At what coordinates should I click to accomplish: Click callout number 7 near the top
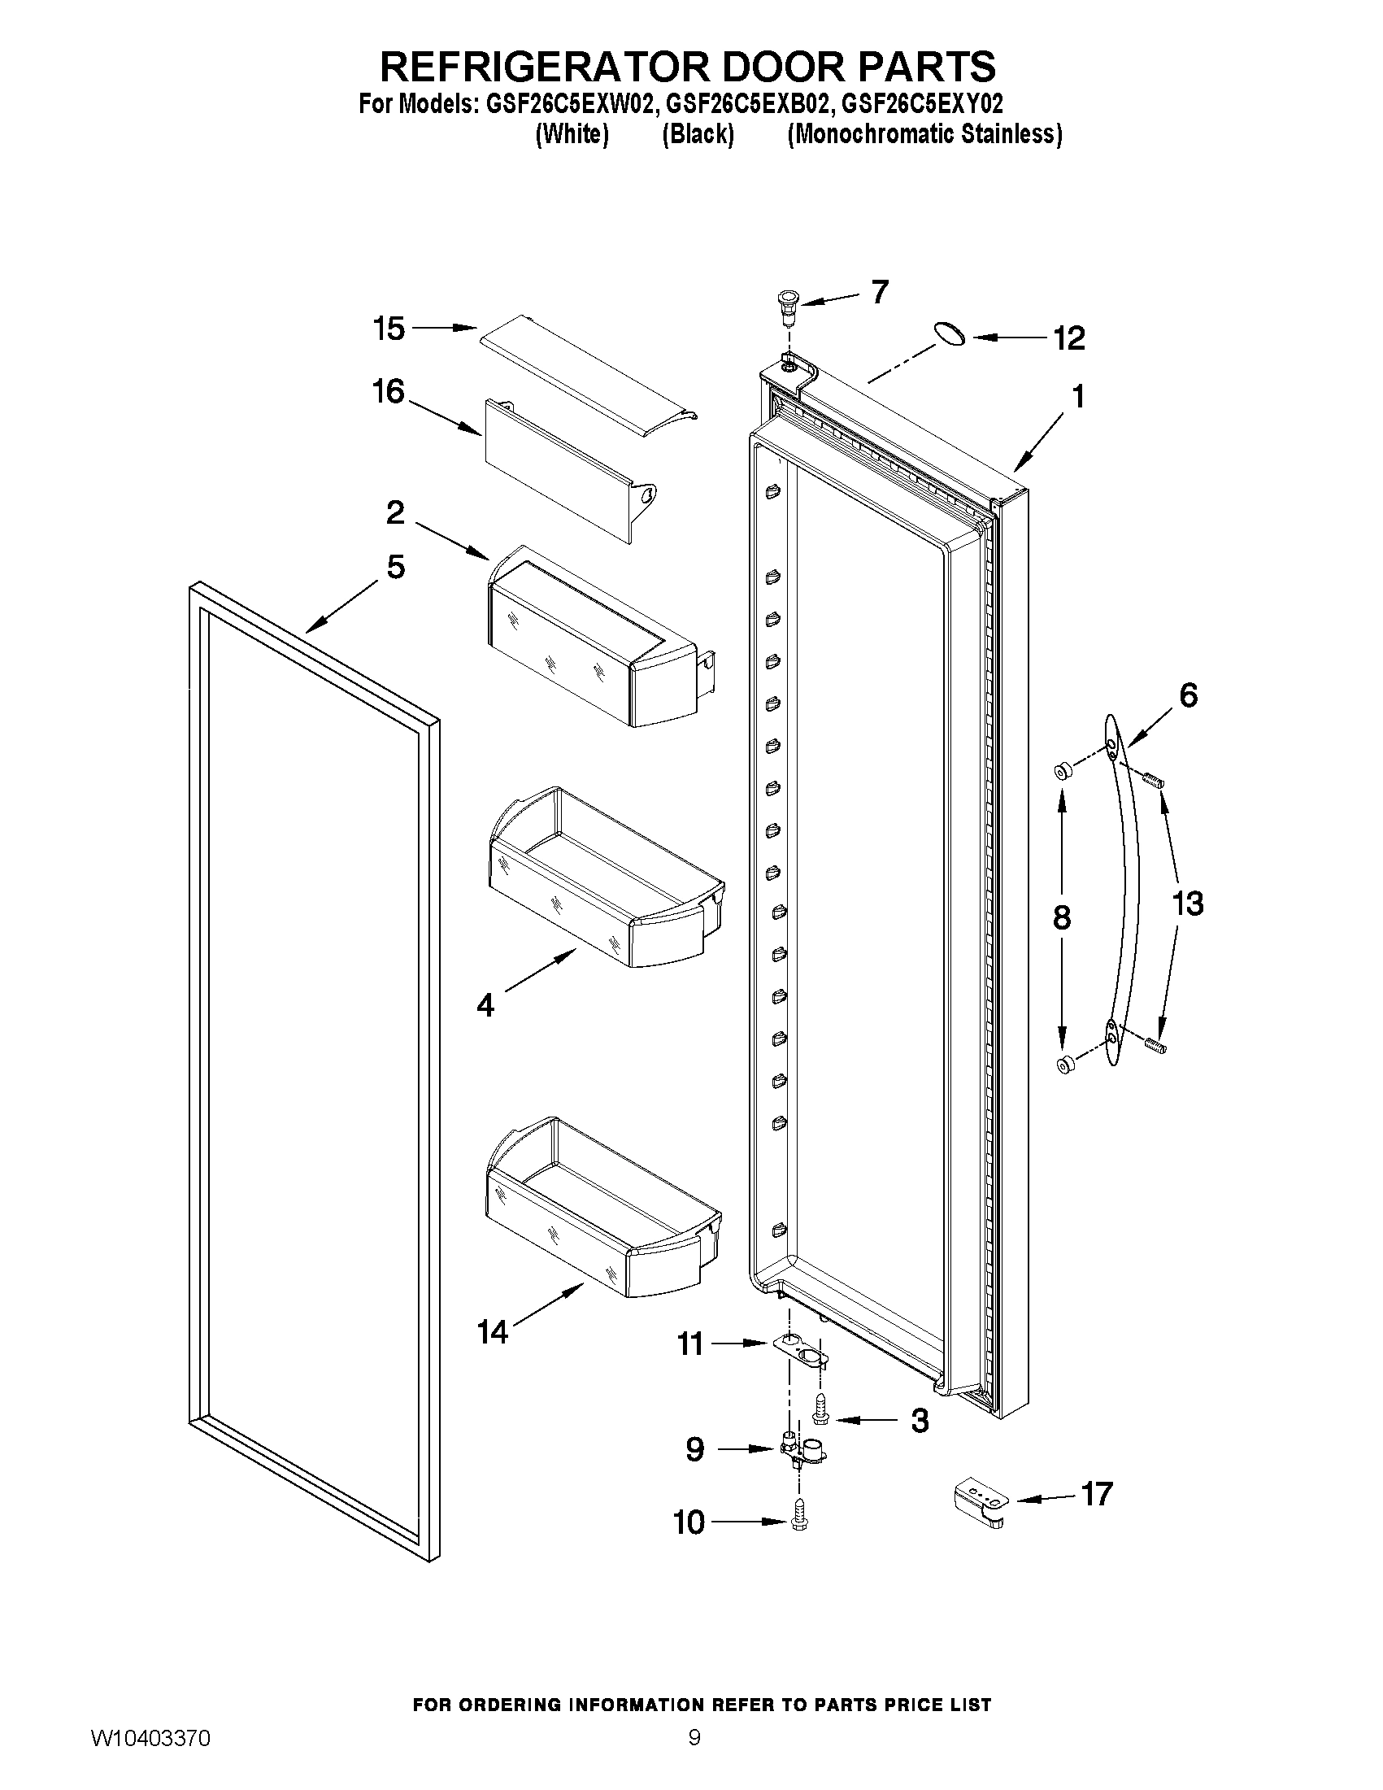(879, 292)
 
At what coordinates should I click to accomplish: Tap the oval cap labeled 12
(948, 333)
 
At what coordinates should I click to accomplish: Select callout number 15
(389, 329)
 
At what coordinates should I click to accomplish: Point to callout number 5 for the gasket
(395, 566)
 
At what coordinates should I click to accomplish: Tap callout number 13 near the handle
(1188, 904)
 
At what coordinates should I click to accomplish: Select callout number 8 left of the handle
(1061, 917)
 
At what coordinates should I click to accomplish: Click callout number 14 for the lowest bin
(494, 1333)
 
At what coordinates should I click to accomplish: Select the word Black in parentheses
(698, 134)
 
